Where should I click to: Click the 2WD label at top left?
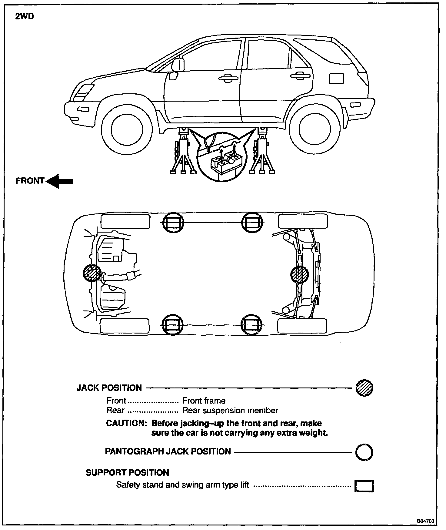pyautogui.click(x=25, y=16)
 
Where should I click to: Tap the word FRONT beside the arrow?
pyautogui.click(x=30, y=181)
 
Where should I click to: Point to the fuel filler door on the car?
pyautogui.click(x=336, y=78)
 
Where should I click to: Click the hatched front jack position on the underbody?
pyautogui.click(x=92, y=273)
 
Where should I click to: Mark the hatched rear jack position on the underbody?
pyautogui.click(x=299, y=275)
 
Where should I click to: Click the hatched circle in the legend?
pyautogui.click(x=364, y=388)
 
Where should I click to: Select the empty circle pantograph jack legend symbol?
pyautogui.click(x=364, y=453)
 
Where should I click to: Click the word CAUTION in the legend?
pyautogui.click(x=126, y=423)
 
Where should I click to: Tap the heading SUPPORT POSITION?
pyautogui.click(x=127, y=473)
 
